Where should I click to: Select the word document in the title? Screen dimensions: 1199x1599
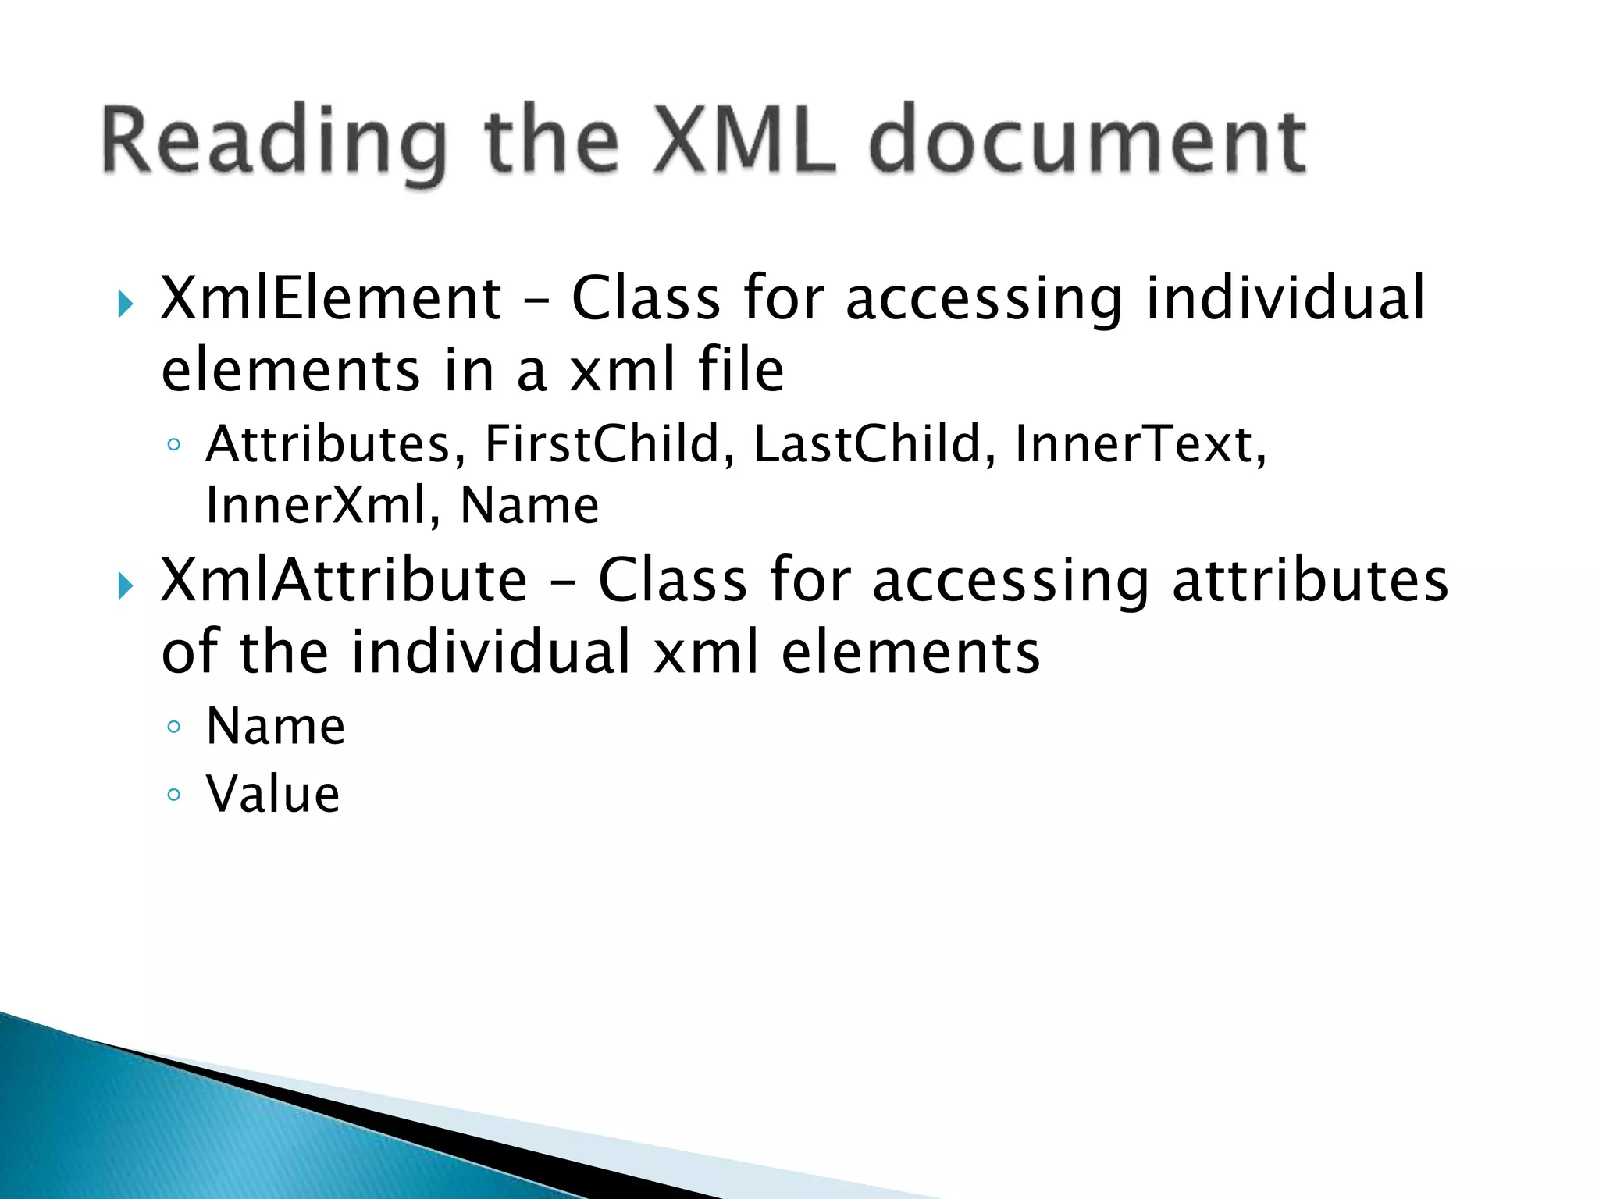click(1088, 141)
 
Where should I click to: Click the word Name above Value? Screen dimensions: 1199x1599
click(276, 727)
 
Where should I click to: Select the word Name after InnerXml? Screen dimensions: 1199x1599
click(529, 505)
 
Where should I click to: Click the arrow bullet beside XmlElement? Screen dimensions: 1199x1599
click(125, 304)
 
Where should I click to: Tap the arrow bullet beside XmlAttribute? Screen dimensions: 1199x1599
click(125, 585)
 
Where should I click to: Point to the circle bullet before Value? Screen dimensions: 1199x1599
click(174, 795)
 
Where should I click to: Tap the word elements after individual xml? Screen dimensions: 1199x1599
click(910, 652)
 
